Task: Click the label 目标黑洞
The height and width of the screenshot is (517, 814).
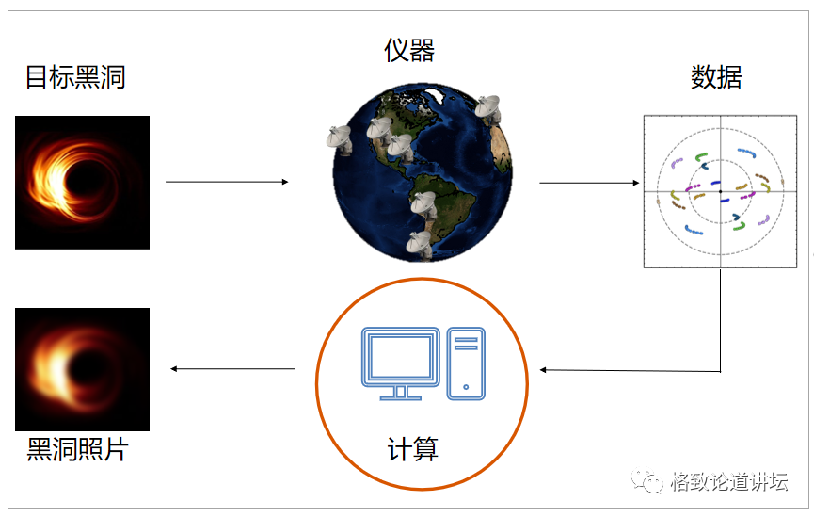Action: tap(75, 77)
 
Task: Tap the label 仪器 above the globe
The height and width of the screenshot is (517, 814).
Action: tap(409, 50)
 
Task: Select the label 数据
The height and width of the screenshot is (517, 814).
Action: tap(716, 77)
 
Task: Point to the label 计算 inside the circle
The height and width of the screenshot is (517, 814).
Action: tap(413, 449)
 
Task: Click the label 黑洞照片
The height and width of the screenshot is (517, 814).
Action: tap(76, 450)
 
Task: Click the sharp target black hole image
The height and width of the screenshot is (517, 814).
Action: tap(82, 182)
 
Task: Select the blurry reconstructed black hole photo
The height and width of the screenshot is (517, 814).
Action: tap(82, 369)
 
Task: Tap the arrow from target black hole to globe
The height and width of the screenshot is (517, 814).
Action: tap(227, 182)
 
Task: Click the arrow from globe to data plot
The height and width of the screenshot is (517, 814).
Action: tap(588, 183)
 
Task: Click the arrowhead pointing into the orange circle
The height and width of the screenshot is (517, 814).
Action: tap(545, 369)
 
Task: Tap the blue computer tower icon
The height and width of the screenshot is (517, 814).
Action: tap(466, 363)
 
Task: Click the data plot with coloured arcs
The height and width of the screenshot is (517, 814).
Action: tap(720, 191)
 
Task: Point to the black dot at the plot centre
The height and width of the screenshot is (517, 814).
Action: tap(720, 191)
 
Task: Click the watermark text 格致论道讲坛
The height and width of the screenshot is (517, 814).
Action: tap(729, 482)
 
